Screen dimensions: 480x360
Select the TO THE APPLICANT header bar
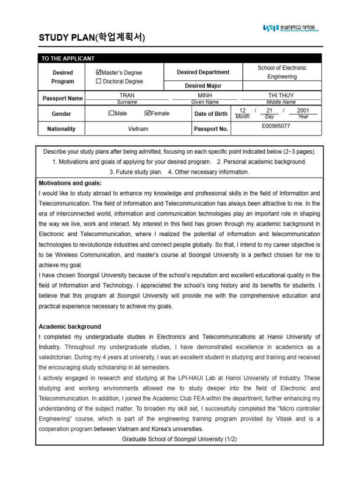(180, 59)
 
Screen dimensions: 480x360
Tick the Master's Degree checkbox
(98, 73)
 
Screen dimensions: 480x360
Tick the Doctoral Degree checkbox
(98, 81)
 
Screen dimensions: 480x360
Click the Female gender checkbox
(148, 113)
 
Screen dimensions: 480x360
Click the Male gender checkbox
(112, 113)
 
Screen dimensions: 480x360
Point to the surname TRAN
(127, 95)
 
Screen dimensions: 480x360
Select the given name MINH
(205, 95)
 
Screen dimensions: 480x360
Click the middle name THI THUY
(281, 95)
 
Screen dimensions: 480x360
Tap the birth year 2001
(303, 111)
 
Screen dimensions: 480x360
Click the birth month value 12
(242, 111)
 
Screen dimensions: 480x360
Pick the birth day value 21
(269, 111)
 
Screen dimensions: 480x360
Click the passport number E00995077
(276, 126)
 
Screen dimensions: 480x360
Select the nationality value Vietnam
(138, 129)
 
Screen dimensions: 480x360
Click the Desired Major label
(203, 86)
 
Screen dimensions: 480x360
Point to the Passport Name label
(62, 98)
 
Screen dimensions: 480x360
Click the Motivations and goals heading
(70, 183)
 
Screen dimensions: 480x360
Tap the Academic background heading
(70, 327)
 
